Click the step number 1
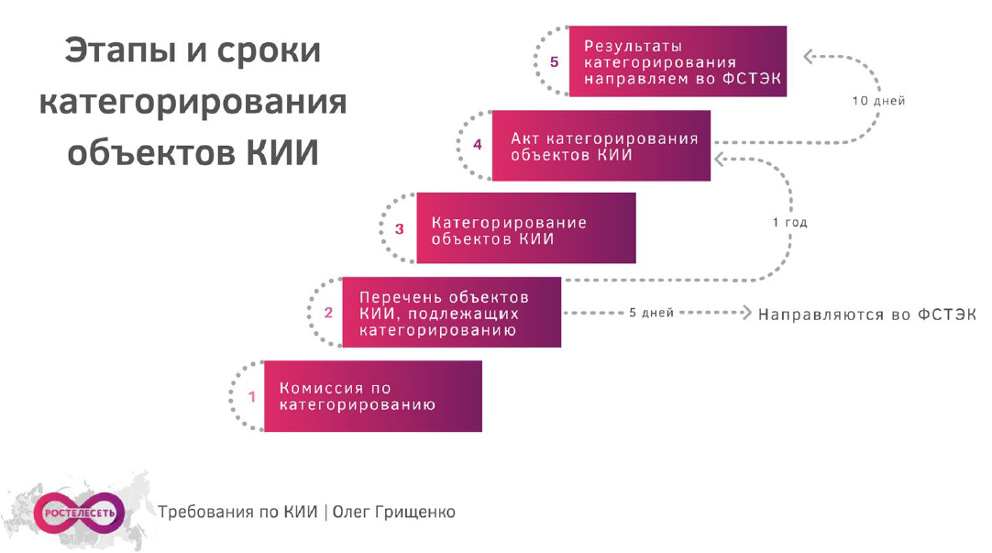tap(252, 397)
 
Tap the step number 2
tap(328, 313)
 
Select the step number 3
tap(400, 229)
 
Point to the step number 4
tap(477, 145)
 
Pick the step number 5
tap(554, 62)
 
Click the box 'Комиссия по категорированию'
tap(372, 396)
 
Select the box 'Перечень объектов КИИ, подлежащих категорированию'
tap(451, 313)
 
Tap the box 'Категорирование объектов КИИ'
tap(525, 228)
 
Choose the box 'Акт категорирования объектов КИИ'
tap(601, 145)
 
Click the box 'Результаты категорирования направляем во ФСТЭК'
tap(678, 61)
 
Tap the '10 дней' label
tap(878, 101)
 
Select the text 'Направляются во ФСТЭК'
tap(866, 314)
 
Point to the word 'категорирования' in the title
tap(193, 101)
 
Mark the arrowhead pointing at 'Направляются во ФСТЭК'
tap(745, 313)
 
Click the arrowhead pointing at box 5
tap(809, 57)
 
